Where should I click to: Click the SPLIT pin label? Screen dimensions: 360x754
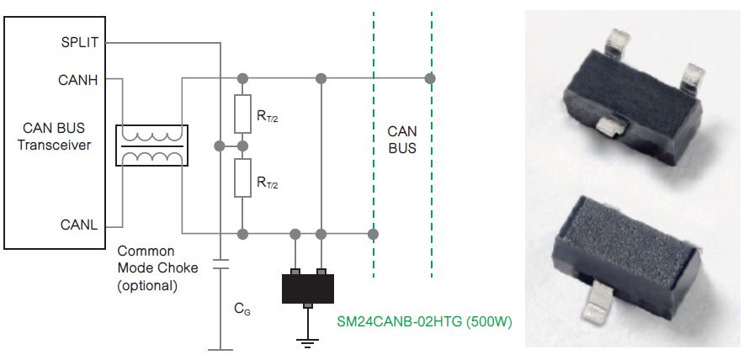pos(79,42)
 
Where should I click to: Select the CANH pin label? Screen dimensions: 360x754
pos(80,80)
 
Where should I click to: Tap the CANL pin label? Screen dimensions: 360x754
pos(79,225)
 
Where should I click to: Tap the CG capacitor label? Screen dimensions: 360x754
pos(241,310)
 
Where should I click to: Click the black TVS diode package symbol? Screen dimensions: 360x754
pos(308,287)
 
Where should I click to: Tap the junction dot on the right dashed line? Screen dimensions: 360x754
pos(431,79)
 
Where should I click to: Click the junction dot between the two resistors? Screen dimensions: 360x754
pos(242,146)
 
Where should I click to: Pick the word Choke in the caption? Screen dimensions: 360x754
pos(182,268)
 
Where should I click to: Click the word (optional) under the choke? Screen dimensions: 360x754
pos(147,285)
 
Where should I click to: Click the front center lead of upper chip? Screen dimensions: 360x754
pos(609,126)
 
